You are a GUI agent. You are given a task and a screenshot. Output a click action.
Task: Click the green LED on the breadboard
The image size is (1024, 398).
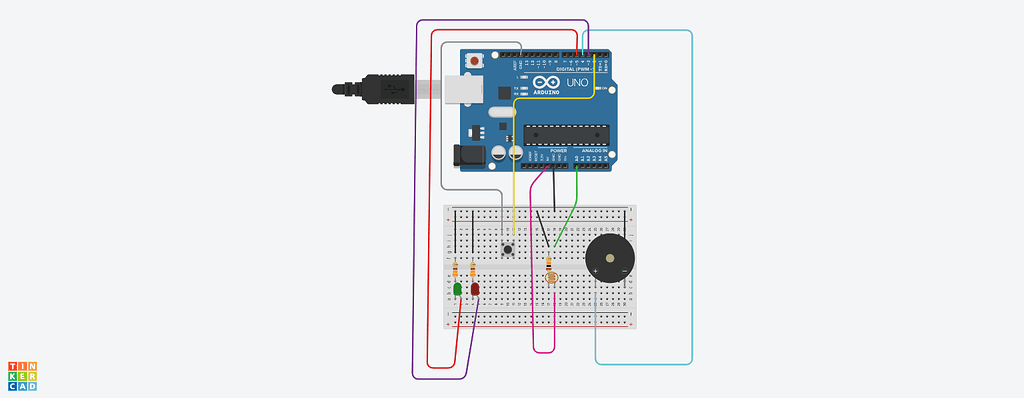click(x=457, y=289)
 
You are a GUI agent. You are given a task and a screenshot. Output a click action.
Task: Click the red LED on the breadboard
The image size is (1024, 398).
click(x=475, y=289)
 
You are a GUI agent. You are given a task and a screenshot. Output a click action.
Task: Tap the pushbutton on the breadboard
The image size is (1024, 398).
click(x=508, y=247)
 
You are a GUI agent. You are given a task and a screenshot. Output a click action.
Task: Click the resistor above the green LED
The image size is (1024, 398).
click(x=457, y=269)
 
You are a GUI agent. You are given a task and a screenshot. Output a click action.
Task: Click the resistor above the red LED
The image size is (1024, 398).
click(x=474, y=269)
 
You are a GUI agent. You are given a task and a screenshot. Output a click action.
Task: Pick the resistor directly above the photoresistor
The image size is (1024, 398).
click(x=549, y=262)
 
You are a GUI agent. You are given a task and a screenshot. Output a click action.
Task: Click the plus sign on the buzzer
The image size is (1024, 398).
click(x=595, y=271)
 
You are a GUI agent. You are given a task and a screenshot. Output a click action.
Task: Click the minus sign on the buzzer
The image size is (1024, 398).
click(x=623, y=271)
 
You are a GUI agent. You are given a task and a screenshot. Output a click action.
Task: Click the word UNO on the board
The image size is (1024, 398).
click(x=579, y=85)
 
